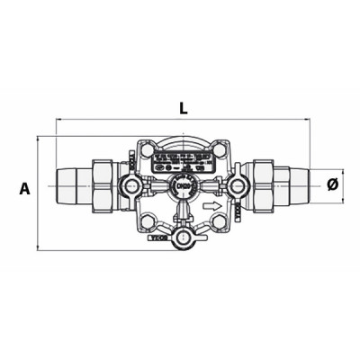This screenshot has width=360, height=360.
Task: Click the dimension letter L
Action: coord(183,108)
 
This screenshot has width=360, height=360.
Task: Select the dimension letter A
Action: coord(24,189)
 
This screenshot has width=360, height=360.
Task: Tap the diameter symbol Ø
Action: coord(332,184)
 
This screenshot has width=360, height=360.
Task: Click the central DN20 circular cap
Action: coord(178,186)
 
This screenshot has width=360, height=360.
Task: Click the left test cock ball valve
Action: coord(131,186)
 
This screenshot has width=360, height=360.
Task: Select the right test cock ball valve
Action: coord(238,186)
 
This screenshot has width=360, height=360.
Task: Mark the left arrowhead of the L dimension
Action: coord(59,119)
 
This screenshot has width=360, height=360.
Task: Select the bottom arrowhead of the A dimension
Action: coord(38,247)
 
